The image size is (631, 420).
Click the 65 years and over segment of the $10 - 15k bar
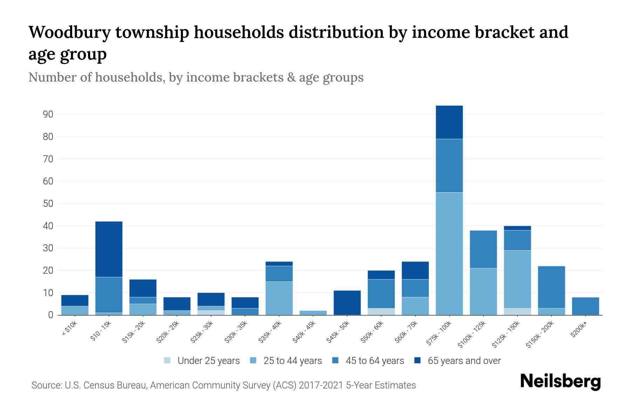point(109,249)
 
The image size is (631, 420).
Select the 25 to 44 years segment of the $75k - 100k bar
point(449,254)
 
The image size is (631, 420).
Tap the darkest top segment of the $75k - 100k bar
point(449,122)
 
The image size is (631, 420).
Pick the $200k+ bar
point(585,306)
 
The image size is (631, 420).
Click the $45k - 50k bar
point(347,303)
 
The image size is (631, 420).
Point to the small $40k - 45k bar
point(313,313)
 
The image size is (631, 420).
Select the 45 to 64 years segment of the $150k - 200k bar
point(551,287)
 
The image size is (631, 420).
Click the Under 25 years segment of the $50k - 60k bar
point(381,311)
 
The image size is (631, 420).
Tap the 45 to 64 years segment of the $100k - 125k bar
point(483,249)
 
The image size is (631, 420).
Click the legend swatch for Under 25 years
point(168,360)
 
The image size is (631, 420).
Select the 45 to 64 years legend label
point(374,360)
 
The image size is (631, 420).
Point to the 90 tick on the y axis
point(48,114)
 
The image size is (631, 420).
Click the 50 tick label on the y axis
point(48,204)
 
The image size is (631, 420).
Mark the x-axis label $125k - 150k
point(506,334)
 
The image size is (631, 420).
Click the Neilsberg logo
point(560,381)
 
